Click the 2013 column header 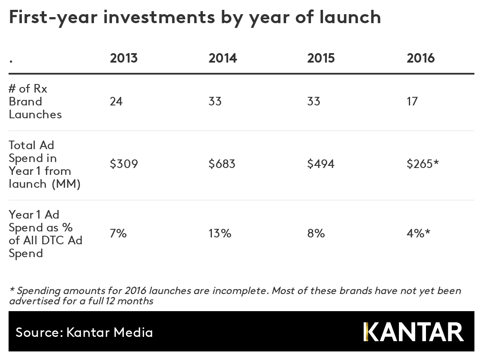(x=124, y=58)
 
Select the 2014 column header (x=223, y=58)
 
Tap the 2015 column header (x=321, y=58)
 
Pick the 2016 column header (x=420, y=58)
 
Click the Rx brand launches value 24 (x=116, y=102)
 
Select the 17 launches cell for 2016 (x=412, y=102)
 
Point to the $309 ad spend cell (x=124, y=164)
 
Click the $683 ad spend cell (x=222, y=164)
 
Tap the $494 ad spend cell (x=321, y=164)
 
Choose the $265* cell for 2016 (x=423, y=164)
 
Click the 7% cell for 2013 (x=118, y=234)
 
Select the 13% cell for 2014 (x=220, y=234)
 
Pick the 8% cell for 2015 (x=316, y=234)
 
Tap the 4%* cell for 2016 (x=418, y=234)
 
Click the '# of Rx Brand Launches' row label (x=35, y=102)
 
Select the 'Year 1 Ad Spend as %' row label (x=45, y=234)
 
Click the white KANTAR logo (x=414, y=332)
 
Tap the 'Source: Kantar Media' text (x=84, y=332)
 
